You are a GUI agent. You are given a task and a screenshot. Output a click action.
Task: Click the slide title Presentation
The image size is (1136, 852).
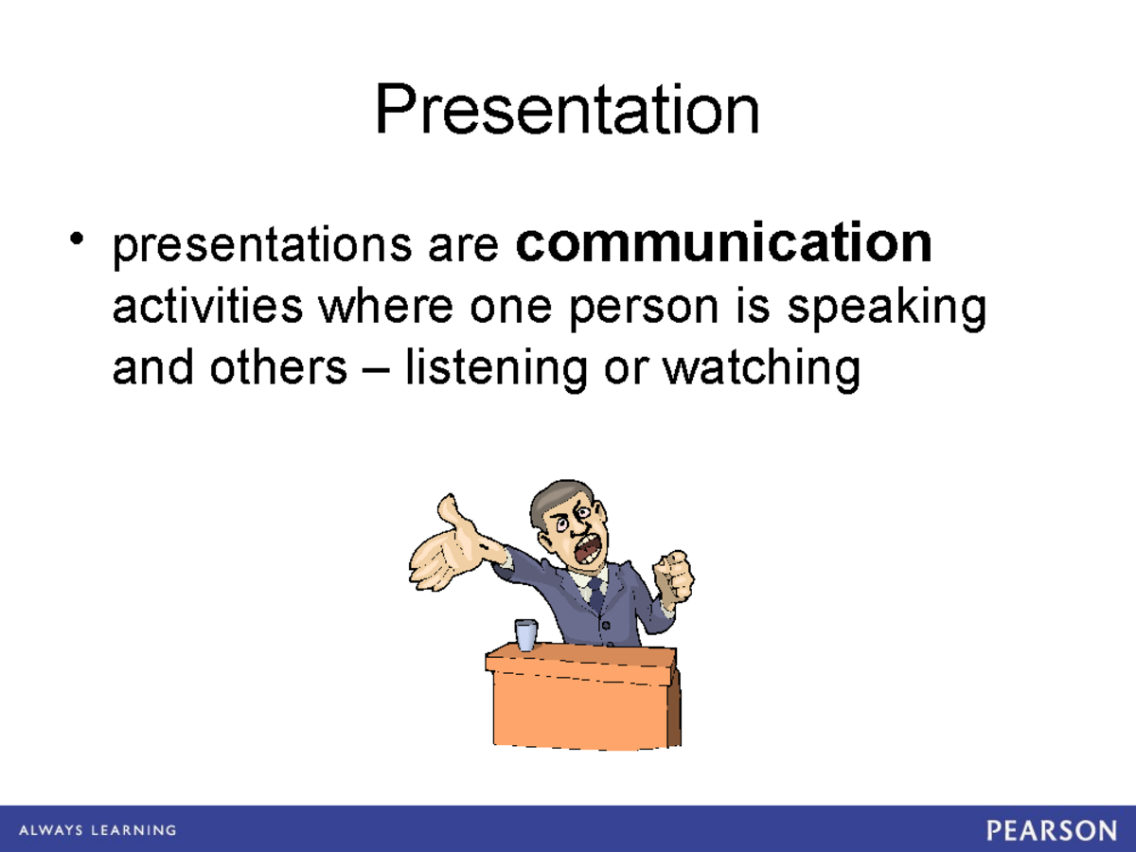click(x=566, y=111)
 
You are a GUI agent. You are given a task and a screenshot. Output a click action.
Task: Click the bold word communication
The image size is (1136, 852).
click(x=724, y=244)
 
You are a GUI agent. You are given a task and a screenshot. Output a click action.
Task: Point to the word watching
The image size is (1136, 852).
click(x=761, y=368)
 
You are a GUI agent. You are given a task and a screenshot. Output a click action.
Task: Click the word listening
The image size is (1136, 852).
click(x=495, y=368)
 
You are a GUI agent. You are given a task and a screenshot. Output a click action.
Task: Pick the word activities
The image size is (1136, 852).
click(x=207, y=307)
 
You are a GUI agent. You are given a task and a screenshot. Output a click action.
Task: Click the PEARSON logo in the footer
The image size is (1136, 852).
click(x=1052, y=830)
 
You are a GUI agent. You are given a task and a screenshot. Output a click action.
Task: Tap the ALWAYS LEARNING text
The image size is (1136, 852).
click(x=97, y=830)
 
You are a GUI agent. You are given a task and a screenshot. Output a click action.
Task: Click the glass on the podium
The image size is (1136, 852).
click(x=525, y=633)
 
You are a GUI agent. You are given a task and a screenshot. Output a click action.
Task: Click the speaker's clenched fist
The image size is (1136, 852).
click(x=674, y=575)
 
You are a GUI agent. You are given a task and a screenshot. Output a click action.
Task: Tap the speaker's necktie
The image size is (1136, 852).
click(x=595, y=593)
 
